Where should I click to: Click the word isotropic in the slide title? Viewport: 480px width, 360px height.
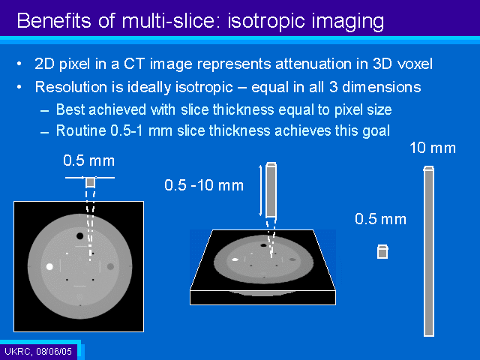[x=266, y=22]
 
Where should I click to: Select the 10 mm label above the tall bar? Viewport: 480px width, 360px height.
[x=433, y=148]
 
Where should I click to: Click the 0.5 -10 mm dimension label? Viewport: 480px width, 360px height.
[x=204, y=185]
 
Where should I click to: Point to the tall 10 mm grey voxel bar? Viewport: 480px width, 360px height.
[x=429, y=251]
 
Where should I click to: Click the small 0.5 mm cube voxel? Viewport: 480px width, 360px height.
[x=382, y=252]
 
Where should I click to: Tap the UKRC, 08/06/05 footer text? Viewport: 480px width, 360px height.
[x=38, y=351]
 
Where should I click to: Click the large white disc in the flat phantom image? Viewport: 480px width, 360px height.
[x=49, y=266]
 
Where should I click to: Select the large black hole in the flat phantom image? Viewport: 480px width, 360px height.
[x=80, y=236]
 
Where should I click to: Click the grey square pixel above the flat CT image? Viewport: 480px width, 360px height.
[x=90, y=182]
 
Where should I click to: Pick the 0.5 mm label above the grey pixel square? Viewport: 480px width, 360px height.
[x=88, y=160]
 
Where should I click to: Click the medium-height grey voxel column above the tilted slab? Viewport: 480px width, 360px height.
[x=271, y=190]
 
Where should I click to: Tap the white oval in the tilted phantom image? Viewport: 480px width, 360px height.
[x=235, y=259]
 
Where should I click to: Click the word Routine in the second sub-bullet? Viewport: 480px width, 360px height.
[x=81, y=130]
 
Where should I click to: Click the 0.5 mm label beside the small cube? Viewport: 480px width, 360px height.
[x=380, y=219]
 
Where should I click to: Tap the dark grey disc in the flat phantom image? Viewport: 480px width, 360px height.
[x=110, y=266]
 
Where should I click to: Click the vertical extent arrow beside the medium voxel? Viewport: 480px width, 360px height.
[x=260, y=190]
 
